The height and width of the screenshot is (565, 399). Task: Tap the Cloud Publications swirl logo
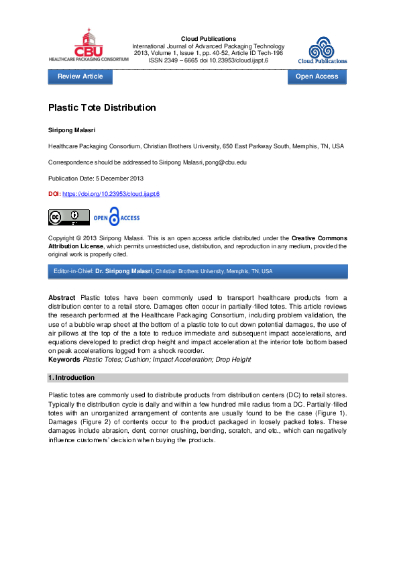[x=323, y=48]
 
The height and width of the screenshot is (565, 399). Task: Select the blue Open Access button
[x=317, y=76]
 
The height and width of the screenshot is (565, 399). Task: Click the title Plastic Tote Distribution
[x=102, y=107]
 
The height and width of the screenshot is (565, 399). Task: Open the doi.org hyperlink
[x=111, y=193]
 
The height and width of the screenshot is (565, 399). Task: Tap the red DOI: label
[x=54, y=193]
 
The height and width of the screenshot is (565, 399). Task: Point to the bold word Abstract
[x=62, y=297]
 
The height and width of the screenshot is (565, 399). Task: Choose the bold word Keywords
[x=64, y=360]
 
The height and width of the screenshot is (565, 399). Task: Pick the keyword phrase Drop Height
[x=236, y=360]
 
